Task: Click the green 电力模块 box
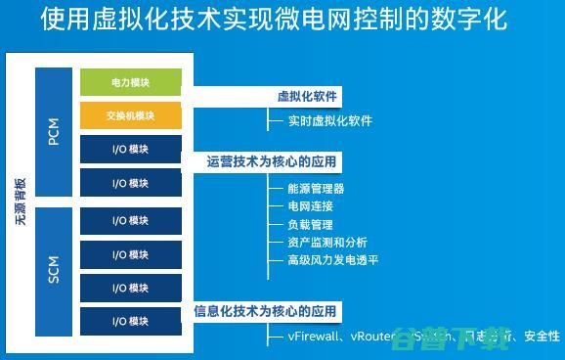coord(131,83)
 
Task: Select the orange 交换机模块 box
coord(131,116)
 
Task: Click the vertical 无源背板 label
coord(20,202)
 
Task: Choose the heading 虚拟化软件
coord(307,97)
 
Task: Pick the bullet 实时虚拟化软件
coord(329,121)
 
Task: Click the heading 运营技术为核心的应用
coord(273,159)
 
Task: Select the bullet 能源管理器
coord(316,189)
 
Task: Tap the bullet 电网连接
coord(310,206)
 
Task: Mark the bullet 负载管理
coord(310,224)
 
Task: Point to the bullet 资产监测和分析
coord(326,243)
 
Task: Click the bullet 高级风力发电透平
coord(332,260)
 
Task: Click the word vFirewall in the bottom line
coord(314,337)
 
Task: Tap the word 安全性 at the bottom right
coord(542,337)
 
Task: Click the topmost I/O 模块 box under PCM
coord(131,150)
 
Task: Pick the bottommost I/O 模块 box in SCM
coord(131,321)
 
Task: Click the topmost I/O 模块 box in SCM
coord(131,221)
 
